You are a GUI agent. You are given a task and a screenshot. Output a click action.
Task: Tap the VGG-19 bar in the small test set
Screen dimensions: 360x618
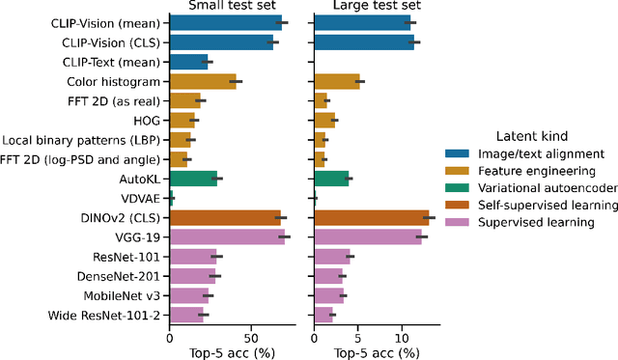tap(227, 236)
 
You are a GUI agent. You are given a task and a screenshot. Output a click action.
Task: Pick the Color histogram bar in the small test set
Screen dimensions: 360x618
tap(203, 81)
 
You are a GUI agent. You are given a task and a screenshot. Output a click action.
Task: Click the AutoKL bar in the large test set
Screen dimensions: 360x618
tap(331, 179)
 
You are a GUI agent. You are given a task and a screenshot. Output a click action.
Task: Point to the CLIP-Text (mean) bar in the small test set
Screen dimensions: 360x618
tap(189, 62)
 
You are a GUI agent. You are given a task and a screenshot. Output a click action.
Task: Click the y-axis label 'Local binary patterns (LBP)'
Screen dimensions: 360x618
tap(82, 140)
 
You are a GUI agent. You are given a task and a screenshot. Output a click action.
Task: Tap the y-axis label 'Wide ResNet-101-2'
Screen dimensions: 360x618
tap(106, 315)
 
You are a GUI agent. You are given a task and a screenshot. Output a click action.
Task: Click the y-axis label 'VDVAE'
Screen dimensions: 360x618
tap(140, 198)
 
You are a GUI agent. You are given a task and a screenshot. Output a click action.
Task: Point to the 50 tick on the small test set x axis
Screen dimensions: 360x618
tap(250, 339)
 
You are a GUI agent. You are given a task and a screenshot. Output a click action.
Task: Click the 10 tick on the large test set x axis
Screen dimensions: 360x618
tap(404, 339)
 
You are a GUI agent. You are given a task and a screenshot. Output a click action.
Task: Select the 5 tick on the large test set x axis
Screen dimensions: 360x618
tap(359, 339)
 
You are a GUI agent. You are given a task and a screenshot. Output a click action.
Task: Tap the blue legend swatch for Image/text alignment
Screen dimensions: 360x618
tap(457, 153)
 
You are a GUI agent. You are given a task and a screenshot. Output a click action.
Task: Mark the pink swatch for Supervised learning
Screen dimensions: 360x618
tap(457, 223)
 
